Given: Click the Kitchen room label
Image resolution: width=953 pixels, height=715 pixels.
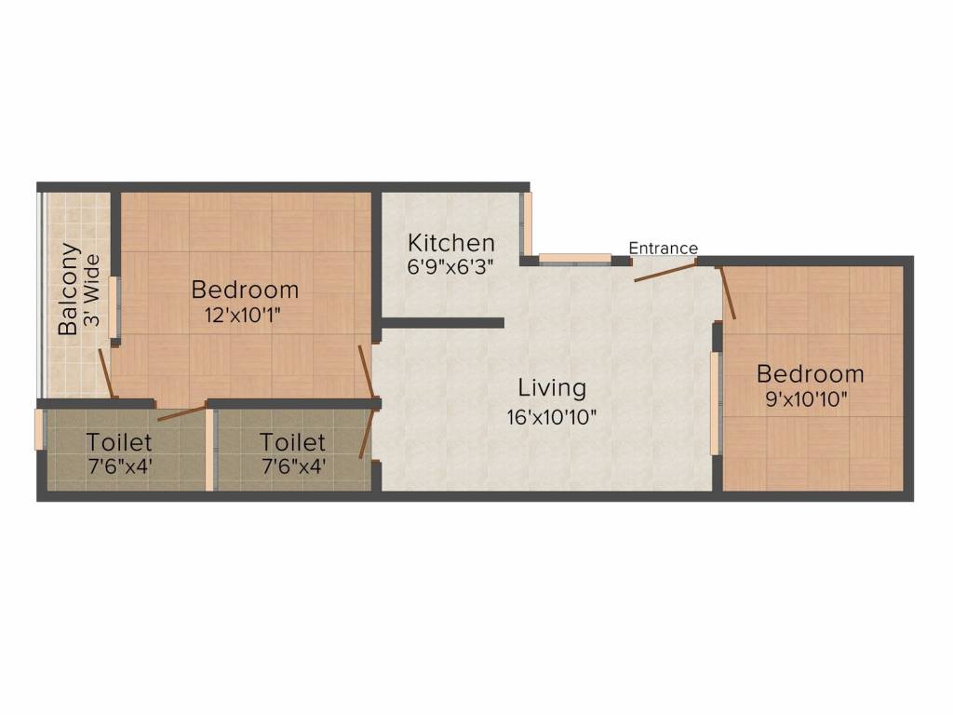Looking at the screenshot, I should (x=451, y=244).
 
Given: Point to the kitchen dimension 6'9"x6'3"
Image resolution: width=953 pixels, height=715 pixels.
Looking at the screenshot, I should (x=451, y=265).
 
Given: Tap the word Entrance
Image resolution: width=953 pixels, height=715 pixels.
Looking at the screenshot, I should (x=663, y=249).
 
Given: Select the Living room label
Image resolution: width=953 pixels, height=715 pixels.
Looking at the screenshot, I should (x=552, y=387).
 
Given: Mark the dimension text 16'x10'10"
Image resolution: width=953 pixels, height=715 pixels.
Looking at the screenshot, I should (x=552, y=416).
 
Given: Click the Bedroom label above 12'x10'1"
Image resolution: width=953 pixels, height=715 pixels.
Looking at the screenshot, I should (x=245, y=290).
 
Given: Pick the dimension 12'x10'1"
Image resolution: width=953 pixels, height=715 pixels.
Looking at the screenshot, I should (x=243, y=315).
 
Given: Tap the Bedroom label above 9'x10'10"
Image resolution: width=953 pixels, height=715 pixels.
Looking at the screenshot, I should (x=810, y=374).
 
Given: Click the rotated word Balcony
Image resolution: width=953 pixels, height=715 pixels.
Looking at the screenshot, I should (x=68, y=290).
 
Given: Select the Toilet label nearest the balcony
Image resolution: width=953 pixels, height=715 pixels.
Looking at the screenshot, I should (x=120, y=440).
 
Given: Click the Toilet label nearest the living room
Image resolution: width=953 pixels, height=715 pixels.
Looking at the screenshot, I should (x=292, y=441).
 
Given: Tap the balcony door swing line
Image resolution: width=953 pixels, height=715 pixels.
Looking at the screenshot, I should (x=107, y=372).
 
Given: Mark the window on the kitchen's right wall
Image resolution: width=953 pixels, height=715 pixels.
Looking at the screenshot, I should (x=527, y=223).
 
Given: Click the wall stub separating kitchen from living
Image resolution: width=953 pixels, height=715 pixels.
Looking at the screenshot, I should (x=442, y=323).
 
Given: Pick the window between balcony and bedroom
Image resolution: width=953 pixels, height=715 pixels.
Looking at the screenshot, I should (x=115, y=306).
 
